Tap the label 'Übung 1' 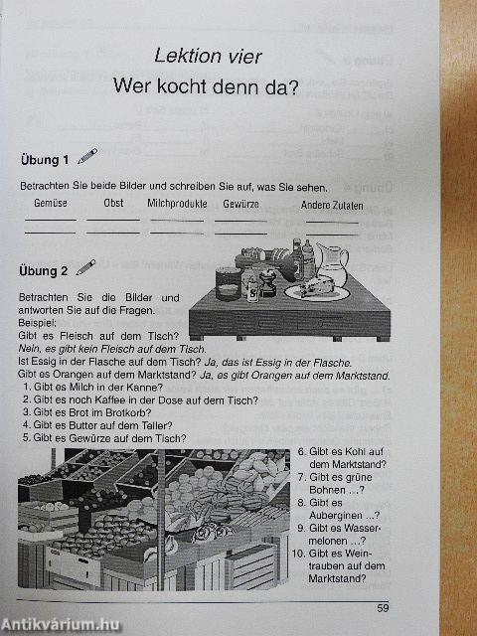coord(44,160)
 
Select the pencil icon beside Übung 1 coord(87,155)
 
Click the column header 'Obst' coord(113,204)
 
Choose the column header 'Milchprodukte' coord(177,204)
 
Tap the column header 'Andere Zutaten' coord(333,206)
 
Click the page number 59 coord(384,608)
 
